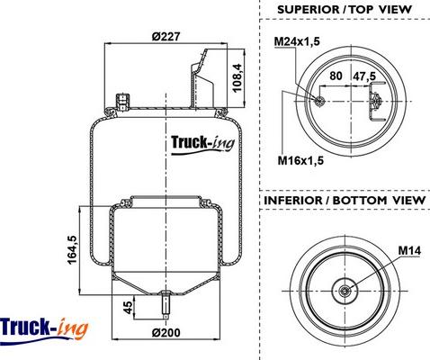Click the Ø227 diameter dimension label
[x=166, y=37]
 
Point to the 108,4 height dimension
[x=237, y=78]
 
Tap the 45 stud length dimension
[x=128, y=308]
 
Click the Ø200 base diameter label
[x=166, y=333]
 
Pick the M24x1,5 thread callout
[x=297, y=41]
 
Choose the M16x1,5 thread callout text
[x=300, y=160]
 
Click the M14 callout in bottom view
[x=409, y=250]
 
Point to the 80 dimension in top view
[x=336, y=76]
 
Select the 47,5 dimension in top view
[x=364, y=76]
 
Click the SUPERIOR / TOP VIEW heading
[x=345, y=9]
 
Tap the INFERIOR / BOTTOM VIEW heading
[x=345, y=200]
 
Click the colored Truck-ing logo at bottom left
[x=44, y=329]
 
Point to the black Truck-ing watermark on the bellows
[x=202, y=144]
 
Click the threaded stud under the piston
[x=166, y=304]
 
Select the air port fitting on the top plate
[x=122, y=102]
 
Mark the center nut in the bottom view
[x=345, y=291]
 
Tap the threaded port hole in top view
[x=318, y=101]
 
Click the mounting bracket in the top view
[x=376, y=102]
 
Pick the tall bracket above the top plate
[x=202, y=78]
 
